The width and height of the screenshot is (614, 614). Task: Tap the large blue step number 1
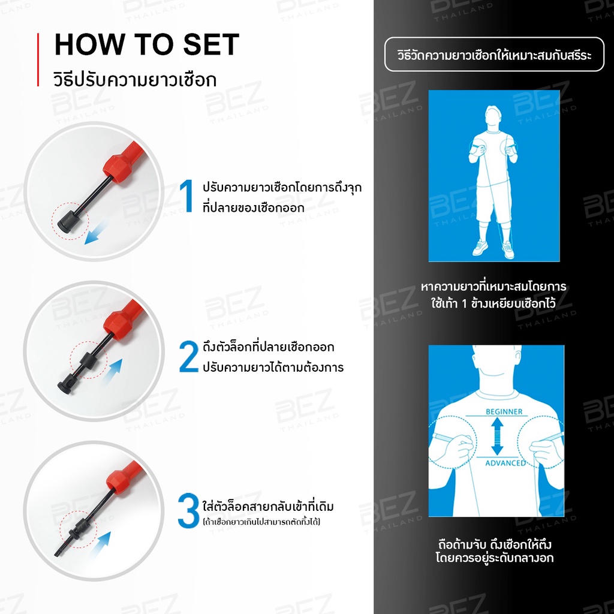pos(187,196)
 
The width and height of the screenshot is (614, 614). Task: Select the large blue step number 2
pos(188,356)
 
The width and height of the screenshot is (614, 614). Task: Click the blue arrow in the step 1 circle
pos(96,232)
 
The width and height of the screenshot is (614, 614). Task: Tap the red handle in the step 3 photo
pos(125,476)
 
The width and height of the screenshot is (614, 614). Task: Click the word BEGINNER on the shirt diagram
pos(504,411)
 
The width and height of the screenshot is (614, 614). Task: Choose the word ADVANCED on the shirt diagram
pos(505,463)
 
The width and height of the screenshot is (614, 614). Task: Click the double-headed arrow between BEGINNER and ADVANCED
pos(497,436)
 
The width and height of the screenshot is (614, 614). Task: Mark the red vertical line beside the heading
pos(38,59)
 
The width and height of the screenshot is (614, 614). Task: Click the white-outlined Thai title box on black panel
pos(494,55)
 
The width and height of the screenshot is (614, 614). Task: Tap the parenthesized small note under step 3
pos(261,522)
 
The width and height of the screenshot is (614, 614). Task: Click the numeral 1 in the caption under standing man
pos(465,303)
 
